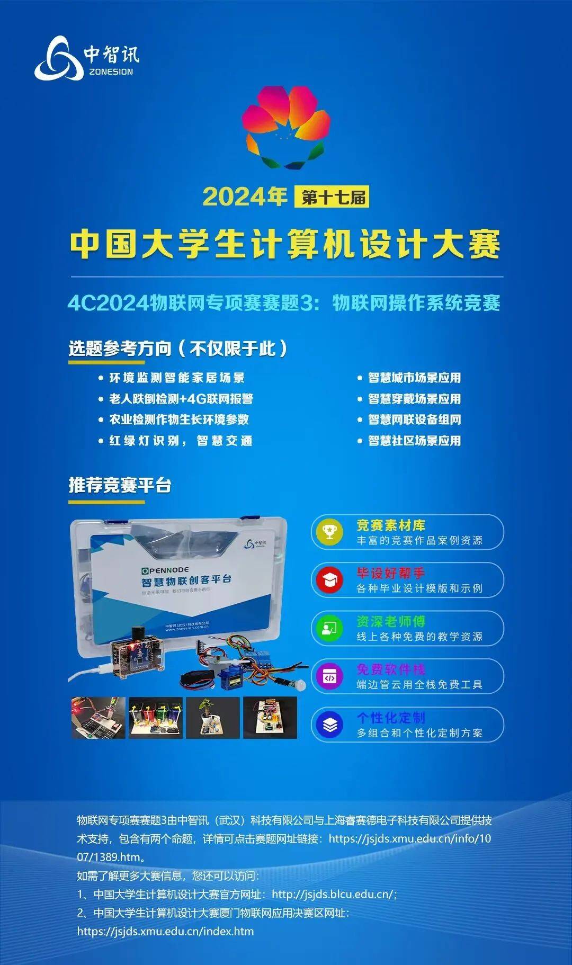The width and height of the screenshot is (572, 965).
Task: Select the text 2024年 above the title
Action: [x=245, y=197]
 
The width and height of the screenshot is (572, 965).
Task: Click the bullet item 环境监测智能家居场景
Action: [x=177, y=378]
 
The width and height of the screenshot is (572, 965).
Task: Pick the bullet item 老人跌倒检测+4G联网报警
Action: [x=181, y=399]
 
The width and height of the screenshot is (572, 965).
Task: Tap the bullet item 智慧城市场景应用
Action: [x=414, y=378]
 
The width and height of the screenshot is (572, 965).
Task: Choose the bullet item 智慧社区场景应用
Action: [x=414, y=441]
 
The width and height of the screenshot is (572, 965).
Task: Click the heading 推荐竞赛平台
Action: [x=120, y=485]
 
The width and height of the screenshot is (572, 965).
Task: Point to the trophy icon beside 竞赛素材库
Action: [x=329, y=532]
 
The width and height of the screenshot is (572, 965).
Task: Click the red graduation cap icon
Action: [x=329, y=580]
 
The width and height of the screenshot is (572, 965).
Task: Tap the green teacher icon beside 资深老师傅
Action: [x=329, y=628]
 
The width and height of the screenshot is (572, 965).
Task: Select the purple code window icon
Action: [x=329, y=676]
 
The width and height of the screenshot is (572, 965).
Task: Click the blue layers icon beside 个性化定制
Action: [x=329, y=725]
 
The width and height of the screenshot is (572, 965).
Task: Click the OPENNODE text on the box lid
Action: [x=165, y=570]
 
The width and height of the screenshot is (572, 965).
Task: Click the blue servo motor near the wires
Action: [x=232, y=673]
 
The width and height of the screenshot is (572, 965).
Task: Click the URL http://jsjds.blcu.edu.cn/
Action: [x=334, y=894]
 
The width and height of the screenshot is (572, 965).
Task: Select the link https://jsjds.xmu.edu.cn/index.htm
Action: [x=165, y=931]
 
